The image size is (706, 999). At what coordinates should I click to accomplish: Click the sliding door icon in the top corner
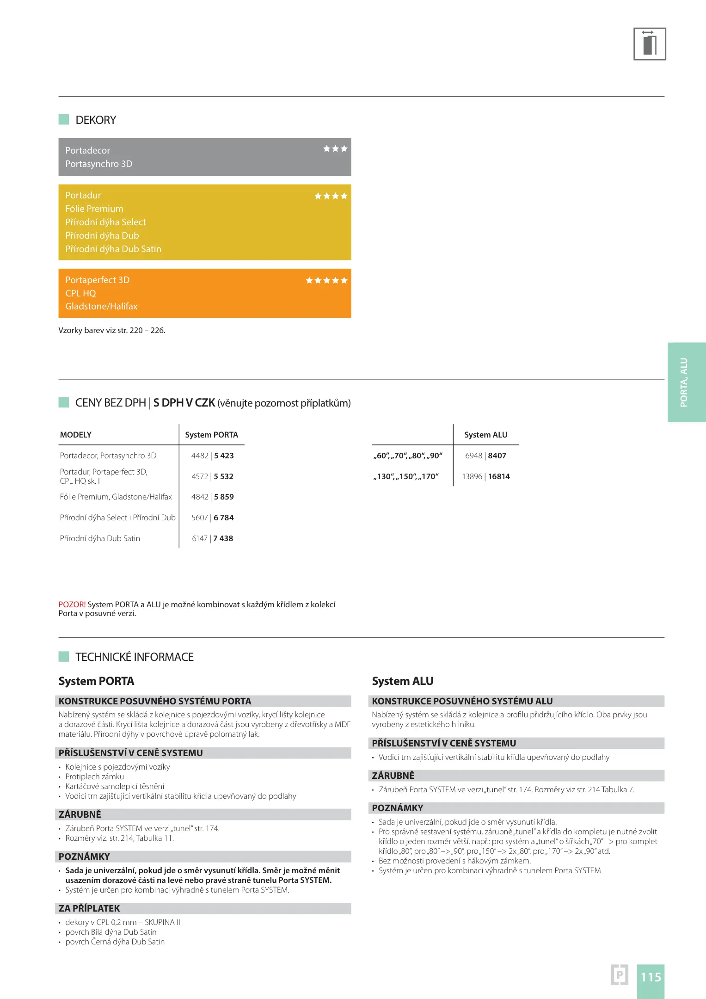(649, 44)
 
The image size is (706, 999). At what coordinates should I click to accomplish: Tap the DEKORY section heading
(96, 120)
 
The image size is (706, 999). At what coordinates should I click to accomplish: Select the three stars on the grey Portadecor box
(335, 149)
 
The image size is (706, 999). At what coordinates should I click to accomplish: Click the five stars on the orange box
(326, 281)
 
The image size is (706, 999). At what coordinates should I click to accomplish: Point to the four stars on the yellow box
(331, 196)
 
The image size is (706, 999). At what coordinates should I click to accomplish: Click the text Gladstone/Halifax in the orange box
(101, 307)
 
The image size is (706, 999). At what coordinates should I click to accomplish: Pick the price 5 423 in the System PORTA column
(224, 456)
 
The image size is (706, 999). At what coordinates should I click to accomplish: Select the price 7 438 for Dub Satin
(223, 538)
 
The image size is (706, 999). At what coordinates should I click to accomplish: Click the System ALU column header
(485, 435)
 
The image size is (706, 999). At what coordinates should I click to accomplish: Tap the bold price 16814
(499, 476)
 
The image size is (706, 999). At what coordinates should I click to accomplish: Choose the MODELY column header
(76, 435)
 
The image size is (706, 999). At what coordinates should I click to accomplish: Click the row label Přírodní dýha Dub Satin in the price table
(100, 538)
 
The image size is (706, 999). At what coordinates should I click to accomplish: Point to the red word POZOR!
(72, 604)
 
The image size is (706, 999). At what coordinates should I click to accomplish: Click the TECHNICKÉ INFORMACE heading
(135, 657)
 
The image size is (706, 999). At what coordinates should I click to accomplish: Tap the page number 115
(651, 977)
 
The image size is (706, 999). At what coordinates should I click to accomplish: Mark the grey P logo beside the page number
(619, 974)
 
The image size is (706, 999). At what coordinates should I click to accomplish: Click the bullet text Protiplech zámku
(94, 777)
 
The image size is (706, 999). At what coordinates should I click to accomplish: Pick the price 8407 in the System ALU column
(497, 456)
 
